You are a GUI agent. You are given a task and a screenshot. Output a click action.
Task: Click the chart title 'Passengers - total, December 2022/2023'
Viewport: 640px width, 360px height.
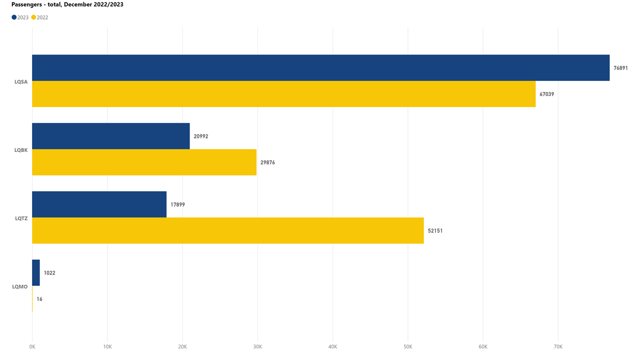tap(67, 4)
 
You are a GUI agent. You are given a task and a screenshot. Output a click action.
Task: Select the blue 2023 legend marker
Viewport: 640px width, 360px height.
tap(14, 17)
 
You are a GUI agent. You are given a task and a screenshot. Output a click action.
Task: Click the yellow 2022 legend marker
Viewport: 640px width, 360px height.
tap(33, 17)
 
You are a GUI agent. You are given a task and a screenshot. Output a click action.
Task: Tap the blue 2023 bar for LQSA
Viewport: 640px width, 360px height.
tap(320, 67)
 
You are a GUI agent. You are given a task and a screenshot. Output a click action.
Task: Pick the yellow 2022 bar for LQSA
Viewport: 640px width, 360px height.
tap(283, 94)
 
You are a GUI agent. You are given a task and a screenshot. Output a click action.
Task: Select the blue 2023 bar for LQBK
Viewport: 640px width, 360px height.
tap(111, 136)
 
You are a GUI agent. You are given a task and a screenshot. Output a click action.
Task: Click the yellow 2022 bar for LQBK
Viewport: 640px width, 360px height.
tap(144, 162)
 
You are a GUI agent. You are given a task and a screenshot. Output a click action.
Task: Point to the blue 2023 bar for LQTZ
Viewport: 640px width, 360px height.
tap(99, 204)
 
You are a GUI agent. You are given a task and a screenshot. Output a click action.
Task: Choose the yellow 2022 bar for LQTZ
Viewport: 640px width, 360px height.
tap(227, 230)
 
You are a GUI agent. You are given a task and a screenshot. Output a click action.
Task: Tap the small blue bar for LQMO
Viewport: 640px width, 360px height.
tap(36, 272)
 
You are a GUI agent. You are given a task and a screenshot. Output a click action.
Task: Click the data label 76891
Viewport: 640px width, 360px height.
tap(620, 67)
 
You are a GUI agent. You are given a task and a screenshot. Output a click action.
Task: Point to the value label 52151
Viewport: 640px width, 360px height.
tap(435, 231)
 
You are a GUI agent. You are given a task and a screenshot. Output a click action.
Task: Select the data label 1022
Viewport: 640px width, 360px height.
tap(49, 273)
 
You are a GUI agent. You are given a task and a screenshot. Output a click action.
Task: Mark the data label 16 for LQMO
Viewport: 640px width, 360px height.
tap(39, 299)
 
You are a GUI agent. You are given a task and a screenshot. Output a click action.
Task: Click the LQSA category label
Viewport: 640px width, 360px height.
tap(21, 81)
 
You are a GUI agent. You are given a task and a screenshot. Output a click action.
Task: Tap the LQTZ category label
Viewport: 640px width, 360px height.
tap(21, 218)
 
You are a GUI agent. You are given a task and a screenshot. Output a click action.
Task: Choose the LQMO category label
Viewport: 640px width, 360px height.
tap(20, 286)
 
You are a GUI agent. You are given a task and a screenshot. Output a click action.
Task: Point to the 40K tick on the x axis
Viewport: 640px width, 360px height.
tap(332, 346)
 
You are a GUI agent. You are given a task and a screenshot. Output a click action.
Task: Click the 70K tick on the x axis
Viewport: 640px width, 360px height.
tap(558, 346)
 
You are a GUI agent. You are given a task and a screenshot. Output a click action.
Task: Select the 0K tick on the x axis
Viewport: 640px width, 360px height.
tap(32, 346)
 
